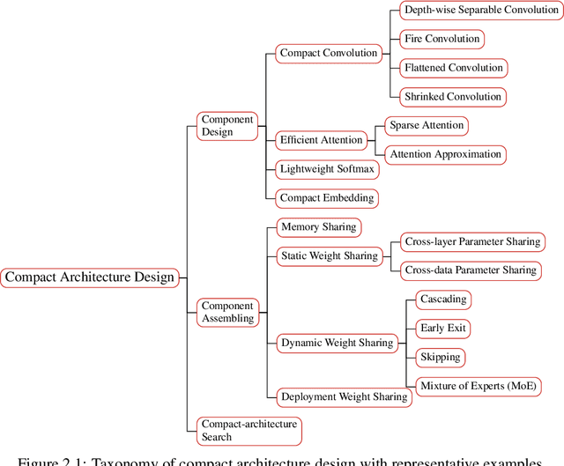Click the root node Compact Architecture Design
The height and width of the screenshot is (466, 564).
tap(90, 277)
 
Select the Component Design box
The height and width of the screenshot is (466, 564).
tap(227, 126)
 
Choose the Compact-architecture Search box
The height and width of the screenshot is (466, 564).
tap(248, 430)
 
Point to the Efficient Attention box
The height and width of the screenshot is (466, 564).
tap(321, 139)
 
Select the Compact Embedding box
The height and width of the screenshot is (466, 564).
tap(327, 197)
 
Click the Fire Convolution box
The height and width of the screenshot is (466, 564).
tap(442, 39)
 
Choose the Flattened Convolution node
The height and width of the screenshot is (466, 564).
tap(453, 68)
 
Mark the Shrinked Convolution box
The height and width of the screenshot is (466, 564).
tap(452, 96)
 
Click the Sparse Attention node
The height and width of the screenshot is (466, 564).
tap(427, 125)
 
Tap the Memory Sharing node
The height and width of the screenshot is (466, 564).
tap(318, 226)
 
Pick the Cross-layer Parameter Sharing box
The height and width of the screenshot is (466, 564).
tap(472, 240)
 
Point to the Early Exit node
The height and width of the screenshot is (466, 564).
tap(443, 328)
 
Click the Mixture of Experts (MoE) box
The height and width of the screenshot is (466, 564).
tap(478, 386)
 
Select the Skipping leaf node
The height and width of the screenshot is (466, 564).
tap(440, 357)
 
